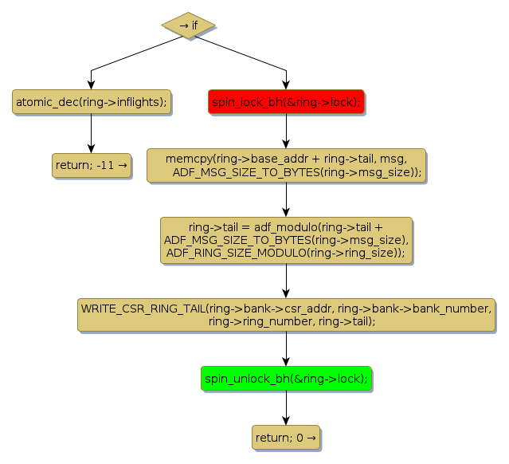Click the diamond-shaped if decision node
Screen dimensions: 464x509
click(x=189, y=25)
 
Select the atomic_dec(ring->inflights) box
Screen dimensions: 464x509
click(x=92, y=102)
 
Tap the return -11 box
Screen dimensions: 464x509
click(x=92, y=166)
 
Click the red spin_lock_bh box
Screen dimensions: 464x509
click(x=286, y=102)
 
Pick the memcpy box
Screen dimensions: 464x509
click(x=286, y=166)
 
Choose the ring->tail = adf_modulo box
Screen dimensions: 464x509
click(x=286, y=240)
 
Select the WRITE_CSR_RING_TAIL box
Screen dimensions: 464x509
click(x=286, y=315)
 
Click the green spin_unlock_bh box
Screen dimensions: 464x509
click(x=286, y=379)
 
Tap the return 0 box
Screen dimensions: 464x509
click(x=286, y=437)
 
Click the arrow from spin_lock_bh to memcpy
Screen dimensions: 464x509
click(x=286, y=132)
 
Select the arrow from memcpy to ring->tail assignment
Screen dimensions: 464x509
click(x=286, y=200)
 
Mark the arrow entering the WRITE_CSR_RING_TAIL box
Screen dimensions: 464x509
click(x=286, y=281)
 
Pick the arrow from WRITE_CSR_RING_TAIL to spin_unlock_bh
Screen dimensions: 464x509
click(x=286, y=349)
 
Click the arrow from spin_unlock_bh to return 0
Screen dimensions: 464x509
click(x=286, y=407)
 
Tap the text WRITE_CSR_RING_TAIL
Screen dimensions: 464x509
click(x=141, y=309)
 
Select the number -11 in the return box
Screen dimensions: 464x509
click(x=105, y=166)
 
